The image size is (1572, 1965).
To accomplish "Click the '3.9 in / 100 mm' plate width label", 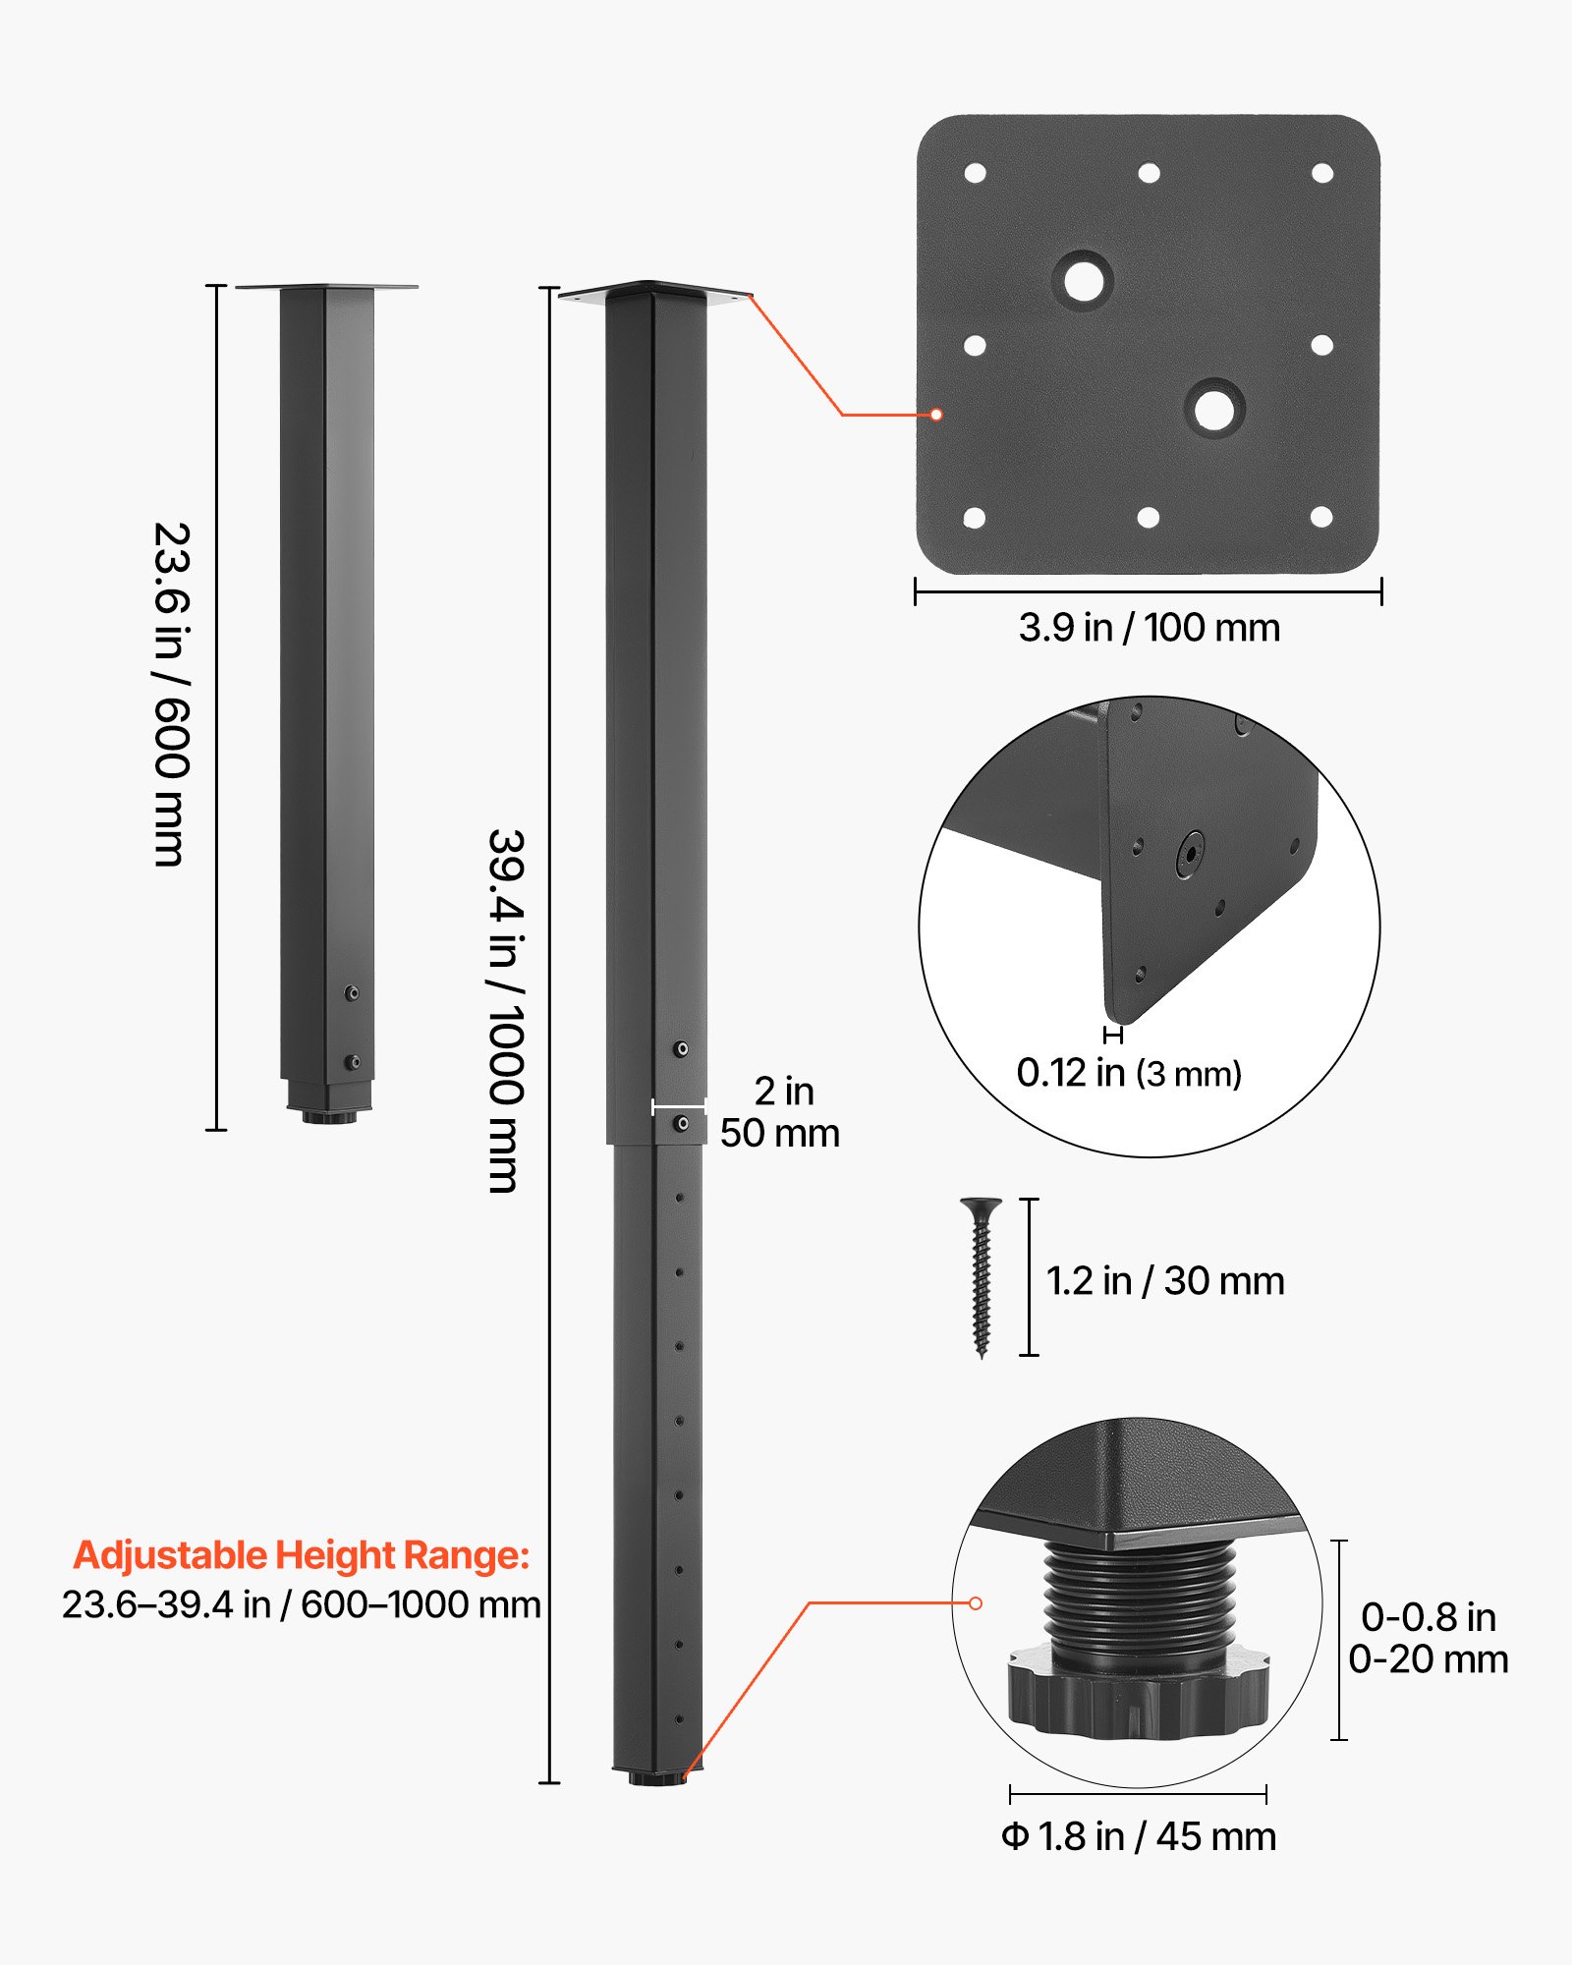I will [x=1149, y=628].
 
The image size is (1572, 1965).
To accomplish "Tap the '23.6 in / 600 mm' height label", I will [x=171, y=695].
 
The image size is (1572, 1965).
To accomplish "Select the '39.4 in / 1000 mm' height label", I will [x=506, y=1011].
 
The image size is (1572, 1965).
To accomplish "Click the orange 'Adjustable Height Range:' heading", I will [x=302, y=1555].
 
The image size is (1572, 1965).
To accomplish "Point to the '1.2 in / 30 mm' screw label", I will [x=1165, y=1281].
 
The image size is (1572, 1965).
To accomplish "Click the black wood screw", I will [x=981, y=1276].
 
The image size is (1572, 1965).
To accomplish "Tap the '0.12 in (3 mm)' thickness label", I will [x=1129, y=1073].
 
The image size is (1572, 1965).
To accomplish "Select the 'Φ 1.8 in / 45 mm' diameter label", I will [x=1139, y=1836].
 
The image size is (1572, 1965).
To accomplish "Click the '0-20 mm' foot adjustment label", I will [x=1428, y=1659].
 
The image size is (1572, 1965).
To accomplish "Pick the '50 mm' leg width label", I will [x=779, y=1134].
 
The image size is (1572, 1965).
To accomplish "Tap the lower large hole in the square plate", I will [x=1214, y=409].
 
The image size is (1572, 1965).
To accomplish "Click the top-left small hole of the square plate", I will [x=975, y=174].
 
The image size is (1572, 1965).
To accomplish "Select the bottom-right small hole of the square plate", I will [x=1321, y=517].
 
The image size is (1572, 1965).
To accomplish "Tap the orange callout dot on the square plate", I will [x=936, y=415].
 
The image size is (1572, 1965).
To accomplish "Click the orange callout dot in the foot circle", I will [x=976, y=1603].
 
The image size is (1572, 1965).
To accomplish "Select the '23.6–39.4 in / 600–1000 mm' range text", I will [x=302, y=1605].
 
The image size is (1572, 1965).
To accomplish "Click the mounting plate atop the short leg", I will [x=326, y=287].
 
